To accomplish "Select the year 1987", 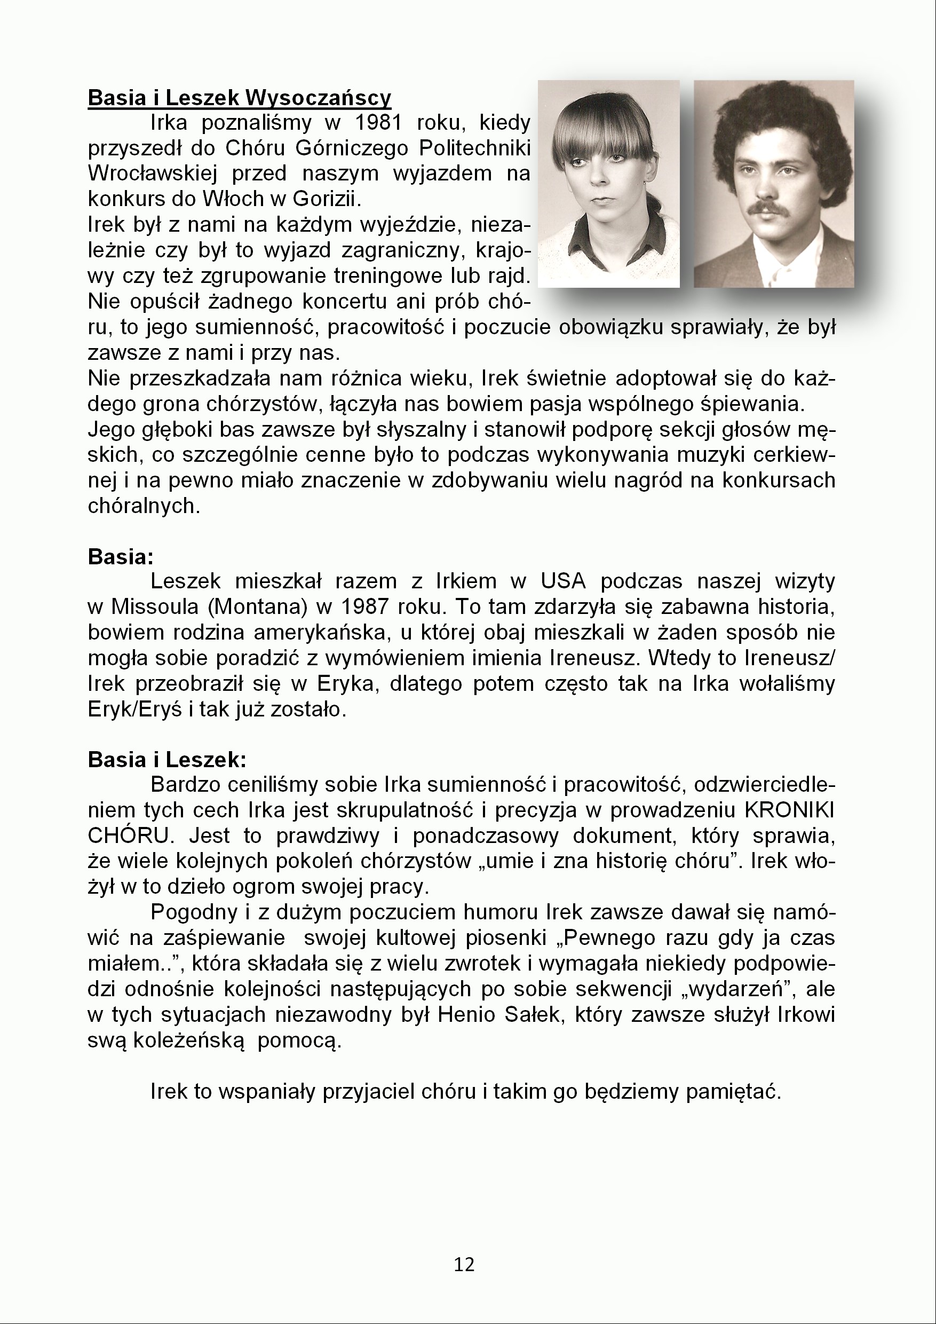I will click(366, 606).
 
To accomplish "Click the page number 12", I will click(464, 1264).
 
